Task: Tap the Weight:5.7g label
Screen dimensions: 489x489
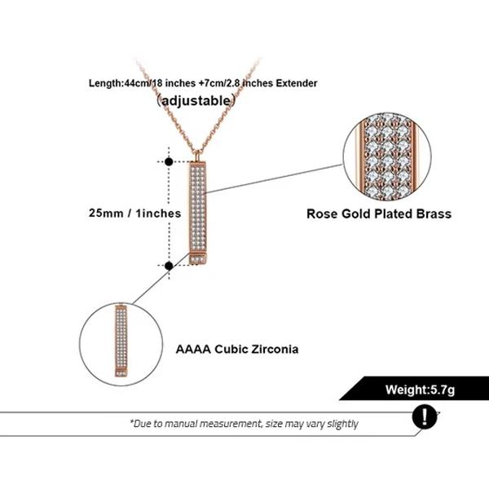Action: pos(420,390)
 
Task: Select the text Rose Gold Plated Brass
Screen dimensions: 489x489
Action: pos(379,214)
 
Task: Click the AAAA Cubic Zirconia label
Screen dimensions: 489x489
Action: pos(237,349)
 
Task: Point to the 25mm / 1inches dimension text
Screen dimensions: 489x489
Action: pos(134,213)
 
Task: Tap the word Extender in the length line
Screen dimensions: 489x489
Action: pos(294,83)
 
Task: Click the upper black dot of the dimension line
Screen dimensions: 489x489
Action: pos(169,161)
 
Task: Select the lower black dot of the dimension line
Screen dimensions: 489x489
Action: pos(169,265)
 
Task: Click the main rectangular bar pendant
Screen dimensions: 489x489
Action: pos(198,208)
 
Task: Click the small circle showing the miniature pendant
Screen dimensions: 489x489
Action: pos(120,341)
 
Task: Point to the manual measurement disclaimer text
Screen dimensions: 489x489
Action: pos(244,424)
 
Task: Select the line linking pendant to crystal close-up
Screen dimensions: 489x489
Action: pos(277,178)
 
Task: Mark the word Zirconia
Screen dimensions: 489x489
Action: pos(271,349)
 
